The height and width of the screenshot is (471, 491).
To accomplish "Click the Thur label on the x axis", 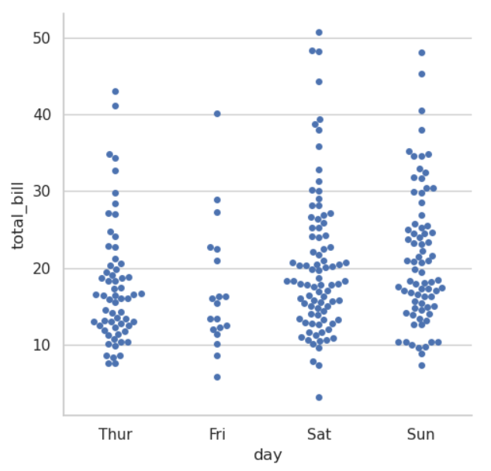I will point(116,434).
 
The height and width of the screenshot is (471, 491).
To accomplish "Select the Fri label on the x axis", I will point(217,434).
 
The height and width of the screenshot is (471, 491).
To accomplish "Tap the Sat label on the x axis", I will point(319,434).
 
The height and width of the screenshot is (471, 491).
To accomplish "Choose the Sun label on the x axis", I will point(421,434).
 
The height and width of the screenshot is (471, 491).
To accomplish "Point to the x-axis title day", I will point(268,455).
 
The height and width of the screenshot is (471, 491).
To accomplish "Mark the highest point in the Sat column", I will point(319,33).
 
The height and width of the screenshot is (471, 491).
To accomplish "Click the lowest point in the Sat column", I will point(319,397).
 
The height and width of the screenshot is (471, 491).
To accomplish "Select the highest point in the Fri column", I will point(217,114).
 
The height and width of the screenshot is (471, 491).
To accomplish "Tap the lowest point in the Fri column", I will point(217,377).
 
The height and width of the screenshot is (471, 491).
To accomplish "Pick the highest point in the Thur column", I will point(116,91).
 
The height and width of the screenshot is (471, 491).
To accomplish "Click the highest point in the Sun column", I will point(421,53).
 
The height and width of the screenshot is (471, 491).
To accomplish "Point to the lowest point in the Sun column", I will point(421,365).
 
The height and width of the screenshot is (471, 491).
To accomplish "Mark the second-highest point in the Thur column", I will point(116,106).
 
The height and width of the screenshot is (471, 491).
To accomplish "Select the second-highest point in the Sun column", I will point(421,74).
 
